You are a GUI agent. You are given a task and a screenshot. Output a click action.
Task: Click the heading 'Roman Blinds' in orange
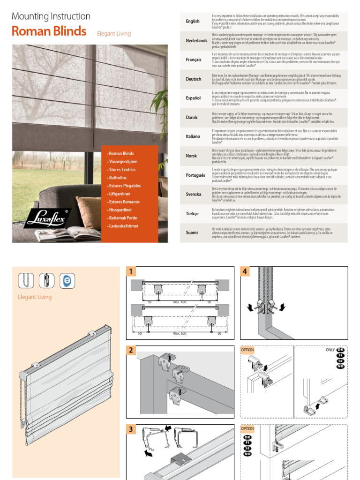pyautogui.click(x=49, y=31)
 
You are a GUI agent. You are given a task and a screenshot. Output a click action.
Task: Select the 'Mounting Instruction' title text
pyautogui.click(x=51, y=16)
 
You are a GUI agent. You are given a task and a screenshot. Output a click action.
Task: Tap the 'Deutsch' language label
pyautogui.click(x=194, y=79)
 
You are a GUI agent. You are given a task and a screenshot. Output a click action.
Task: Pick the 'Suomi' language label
pyautogui.click(x=192, y=232)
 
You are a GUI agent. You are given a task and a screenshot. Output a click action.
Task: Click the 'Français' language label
pyautogui.click(x=194, y=60)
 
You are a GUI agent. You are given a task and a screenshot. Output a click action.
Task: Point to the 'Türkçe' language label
pyautogui.click(x=193, y=213)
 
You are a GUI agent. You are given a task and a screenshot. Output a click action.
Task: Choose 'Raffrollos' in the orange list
pyautogui.click(x=118, y=178)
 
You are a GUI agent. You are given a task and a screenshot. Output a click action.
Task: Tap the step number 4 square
pyautogui.click(x=245, y=271)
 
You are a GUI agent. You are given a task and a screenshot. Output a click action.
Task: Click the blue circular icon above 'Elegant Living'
pyautogui.click(x=67, y=281)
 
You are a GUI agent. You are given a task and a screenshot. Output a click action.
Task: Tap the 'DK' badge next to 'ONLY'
pyautogui.click(x=341, y=350)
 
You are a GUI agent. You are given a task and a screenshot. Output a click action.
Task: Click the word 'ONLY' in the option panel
pyautogui.click(x=330, y=350)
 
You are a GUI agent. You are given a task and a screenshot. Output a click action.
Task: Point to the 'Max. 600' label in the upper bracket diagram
pyautogui.click(x=180, y=301)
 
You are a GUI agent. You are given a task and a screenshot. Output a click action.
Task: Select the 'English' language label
pyautogui.click(x=193, y=22)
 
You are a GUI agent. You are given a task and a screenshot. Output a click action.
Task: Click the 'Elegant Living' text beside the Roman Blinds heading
pyautogui.click(x=114, y=34)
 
